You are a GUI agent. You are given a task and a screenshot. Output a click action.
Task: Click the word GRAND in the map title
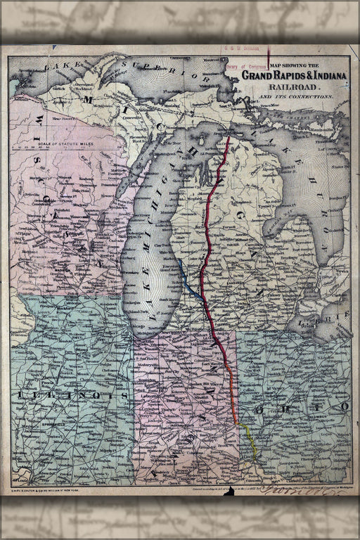click(259, 75)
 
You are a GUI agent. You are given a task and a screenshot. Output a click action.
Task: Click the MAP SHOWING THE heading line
click(290, 65)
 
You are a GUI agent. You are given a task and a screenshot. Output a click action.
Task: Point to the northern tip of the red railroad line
click(229, 138)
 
